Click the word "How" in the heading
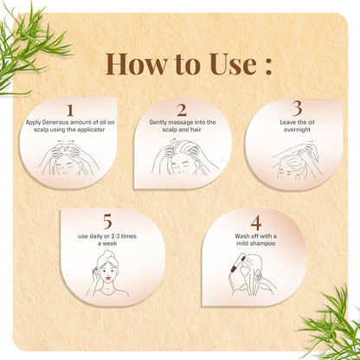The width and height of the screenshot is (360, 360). click(x=137, y=64)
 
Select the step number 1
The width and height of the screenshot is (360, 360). click(x=70, y=110)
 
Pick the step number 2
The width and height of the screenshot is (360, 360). click(x=182, y=110)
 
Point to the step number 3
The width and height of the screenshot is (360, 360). click(x=297, y=108)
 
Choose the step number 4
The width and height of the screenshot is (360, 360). click(x=256, y=222)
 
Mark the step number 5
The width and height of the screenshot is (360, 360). click(x=107, y=222)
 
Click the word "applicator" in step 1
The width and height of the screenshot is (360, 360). click(x=89, y=130)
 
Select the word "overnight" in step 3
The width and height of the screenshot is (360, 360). click(x=297, y=130)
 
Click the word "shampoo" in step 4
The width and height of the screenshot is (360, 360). click(x=261, y=243)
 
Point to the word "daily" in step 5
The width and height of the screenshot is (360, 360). click(x=96, y=236)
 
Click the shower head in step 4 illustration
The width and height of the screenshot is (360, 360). click(x=241, y=262)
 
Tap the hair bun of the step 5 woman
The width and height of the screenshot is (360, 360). click(x=107, y=254)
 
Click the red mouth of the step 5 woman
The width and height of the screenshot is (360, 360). click(x=108, y=279)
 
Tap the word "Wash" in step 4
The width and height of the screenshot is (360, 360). click(x=242, y=236)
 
